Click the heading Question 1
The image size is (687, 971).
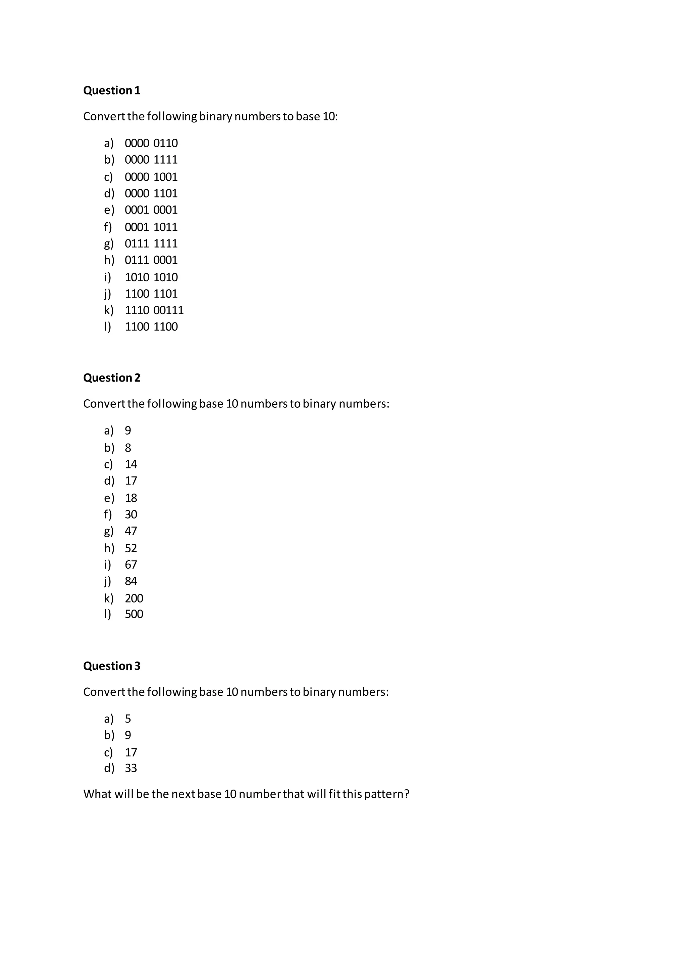pos(112,91)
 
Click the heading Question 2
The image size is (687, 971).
pos(112,378)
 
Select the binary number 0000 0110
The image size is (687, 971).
pos(151,144)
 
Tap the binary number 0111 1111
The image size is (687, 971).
pos(151,244)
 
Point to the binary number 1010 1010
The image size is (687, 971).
pos(151,277)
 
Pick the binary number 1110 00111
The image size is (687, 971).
pos(154,310)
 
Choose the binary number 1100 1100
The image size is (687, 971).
pos(151,327)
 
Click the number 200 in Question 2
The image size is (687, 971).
pos(134,598)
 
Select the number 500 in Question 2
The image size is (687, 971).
pos(134,614)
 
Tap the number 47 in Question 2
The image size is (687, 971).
pos(131,531)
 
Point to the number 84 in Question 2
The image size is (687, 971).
pos(131,581)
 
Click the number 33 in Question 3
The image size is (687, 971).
pos(131,768)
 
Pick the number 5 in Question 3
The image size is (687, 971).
pos(128,719)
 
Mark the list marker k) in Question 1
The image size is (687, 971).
pos(109,310)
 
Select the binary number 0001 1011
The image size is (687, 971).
pos(151,227)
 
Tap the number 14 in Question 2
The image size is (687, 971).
pos(131,464)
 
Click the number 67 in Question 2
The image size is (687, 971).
pos(131,565)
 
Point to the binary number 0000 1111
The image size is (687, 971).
pos(151,160)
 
